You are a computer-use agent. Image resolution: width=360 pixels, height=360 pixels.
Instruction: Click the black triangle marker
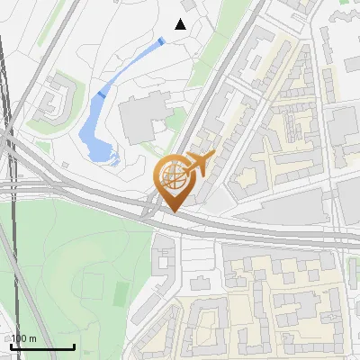(181, 24)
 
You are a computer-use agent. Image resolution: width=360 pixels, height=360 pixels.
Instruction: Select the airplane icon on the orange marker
(200, 163)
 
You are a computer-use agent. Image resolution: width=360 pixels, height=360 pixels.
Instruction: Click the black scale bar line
(42, 346)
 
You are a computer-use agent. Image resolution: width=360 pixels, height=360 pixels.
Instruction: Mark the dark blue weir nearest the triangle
(160, 41)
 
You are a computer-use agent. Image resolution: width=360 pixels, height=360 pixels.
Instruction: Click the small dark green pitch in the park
(121, 292)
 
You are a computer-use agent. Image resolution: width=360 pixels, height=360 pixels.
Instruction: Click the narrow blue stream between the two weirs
(130, 66)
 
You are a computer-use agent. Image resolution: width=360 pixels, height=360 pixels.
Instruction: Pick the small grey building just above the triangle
(186, 6)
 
